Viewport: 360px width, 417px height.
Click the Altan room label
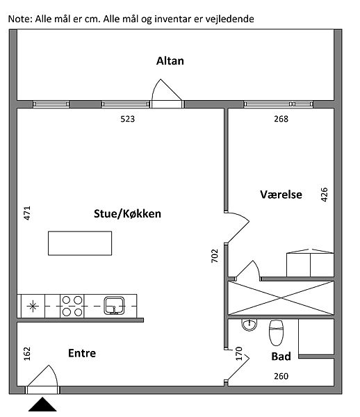170,61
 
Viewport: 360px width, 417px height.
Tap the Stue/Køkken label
127,214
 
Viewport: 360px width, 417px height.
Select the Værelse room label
281,195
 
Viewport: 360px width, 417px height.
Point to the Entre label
82,353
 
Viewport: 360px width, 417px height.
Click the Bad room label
281,357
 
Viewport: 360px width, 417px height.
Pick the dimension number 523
128,119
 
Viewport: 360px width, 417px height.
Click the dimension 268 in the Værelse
281,119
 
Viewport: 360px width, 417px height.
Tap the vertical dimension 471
27,213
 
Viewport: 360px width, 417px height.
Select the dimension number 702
215,256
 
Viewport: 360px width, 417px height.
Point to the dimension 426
325,195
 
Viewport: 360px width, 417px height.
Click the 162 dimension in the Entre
27,354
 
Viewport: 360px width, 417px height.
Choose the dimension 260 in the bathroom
281,376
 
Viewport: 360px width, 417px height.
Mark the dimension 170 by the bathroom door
239,354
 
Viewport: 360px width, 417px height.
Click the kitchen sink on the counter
114,306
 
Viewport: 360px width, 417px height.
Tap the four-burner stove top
72,306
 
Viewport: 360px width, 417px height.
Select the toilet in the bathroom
276,333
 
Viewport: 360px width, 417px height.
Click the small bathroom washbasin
249,325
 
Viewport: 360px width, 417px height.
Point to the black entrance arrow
42,404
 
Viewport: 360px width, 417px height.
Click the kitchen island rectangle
80,243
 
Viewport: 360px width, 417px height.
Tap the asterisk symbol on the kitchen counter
33,306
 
